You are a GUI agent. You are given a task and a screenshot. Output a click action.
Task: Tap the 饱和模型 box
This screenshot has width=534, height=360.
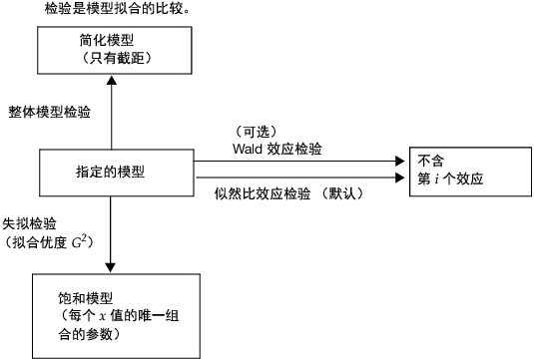112,314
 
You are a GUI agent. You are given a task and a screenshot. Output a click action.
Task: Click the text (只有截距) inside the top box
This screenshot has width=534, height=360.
114,60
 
